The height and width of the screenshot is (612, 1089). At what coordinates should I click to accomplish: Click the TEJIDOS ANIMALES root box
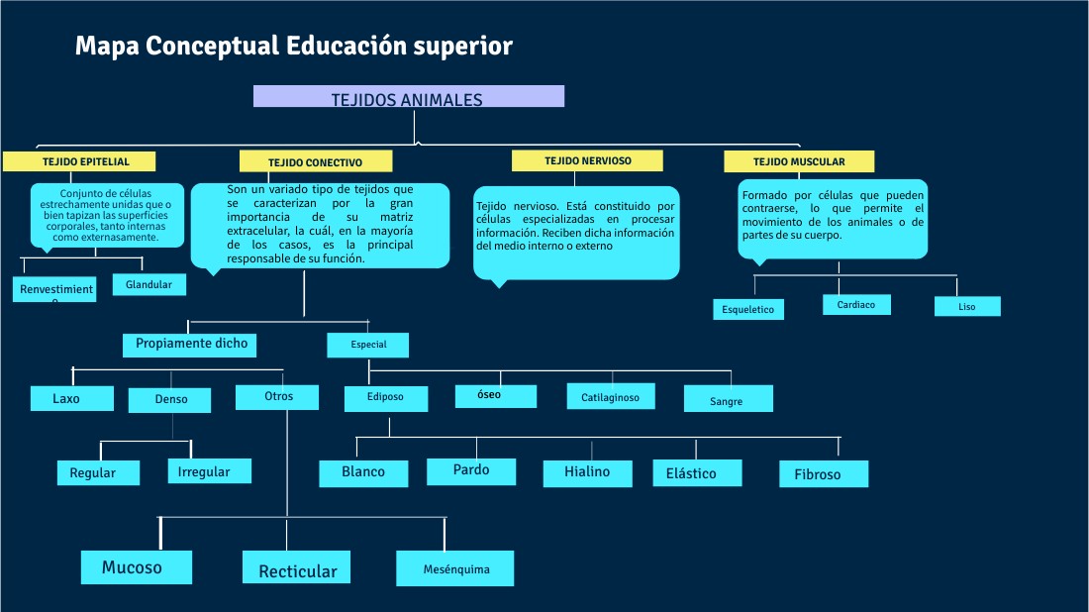coord(408,97)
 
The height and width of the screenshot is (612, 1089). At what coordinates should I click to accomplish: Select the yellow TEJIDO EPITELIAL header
coord(85,161)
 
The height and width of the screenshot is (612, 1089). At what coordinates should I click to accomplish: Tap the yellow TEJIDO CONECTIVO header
coord(316,161)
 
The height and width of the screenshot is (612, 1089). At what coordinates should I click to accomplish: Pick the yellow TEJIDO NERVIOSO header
coord(586,160)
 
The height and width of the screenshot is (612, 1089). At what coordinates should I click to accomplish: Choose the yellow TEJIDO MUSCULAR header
coord(799,161)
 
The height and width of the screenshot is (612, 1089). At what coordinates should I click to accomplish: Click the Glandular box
coord(148,285)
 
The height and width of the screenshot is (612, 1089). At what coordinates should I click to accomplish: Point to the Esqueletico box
coord(748,310)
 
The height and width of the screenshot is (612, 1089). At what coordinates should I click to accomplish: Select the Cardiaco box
coord(856,305)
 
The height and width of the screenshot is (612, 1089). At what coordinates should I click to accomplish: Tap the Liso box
coord(967,307)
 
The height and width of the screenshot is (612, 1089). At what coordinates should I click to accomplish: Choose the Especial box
coord(367,346)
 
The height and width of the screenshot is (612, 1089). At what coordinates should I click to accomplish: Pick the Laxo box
coord(66,399)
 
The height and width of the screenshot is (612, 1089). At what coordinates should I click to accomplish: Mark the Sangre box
coord(728,399)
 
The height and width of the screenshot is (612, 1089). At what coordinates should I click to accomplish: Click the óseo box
coord(495,396)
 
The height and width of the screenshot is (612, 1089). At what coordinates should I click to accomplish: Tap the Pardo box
coord(471,471)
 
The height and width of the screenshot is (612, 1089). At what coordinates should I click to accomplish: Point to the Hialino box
coord(587,473)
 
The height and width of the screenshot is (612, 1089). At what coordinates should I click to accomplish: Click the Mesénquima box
coord(455,569)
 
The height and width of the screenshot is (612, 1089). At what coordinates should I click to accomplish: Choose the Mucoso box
coord(133,567)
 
